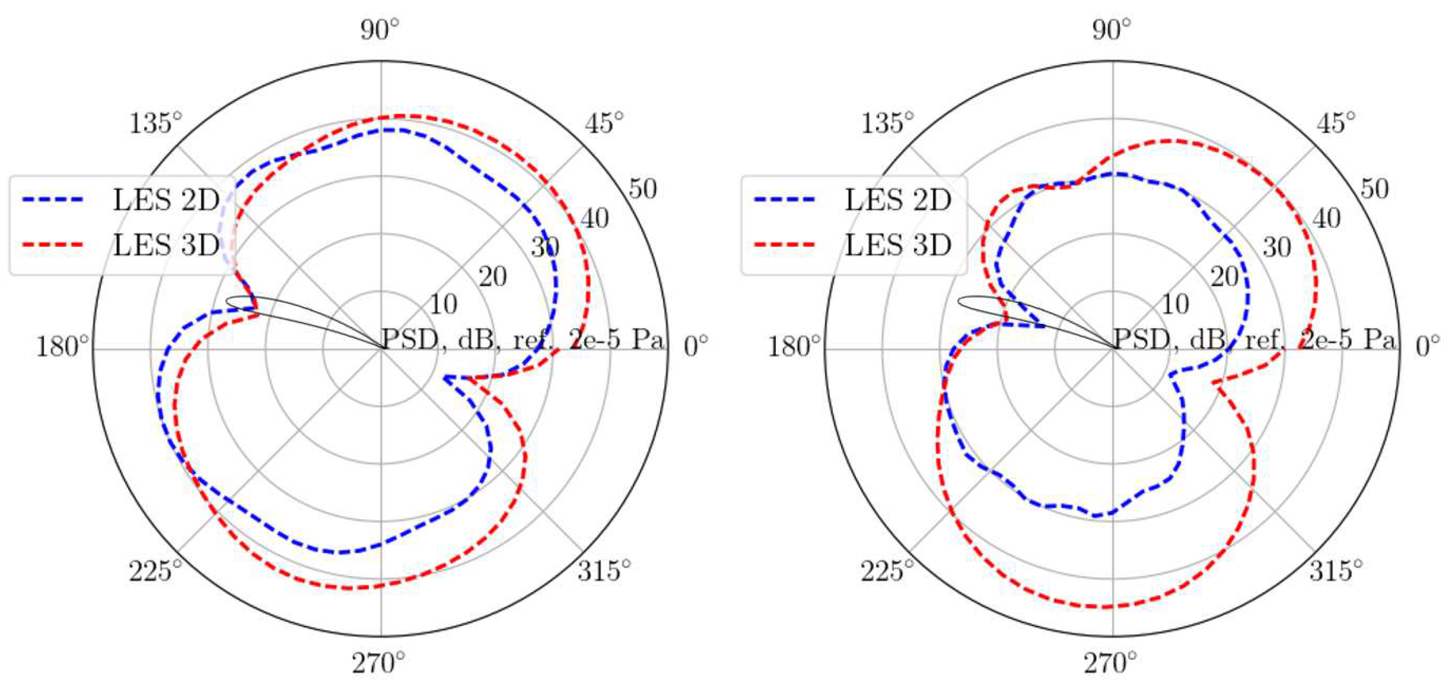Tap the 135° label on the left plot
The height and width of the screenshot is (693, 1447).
coord(156,123)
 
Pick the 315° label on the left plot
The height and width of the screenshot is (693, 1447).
coord(604,571)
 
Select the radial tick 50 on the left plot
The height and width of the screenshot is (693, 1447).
coord(642,189)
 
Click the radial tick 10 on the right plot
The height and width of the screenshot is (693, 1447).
coord(1175,304)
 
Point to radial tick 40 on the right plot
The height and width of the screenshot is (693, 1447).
coord(1326,218)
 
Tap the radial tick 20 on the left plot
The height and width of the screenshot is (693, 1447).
coord(493,276)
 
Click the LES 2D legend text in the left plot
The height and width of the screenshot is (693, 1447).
coord(166,200)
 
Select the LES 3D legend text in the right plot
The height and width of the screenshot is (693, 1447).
coord(898,245)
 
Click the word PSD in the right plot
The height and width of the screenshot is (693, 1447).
coord(1140,339)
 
